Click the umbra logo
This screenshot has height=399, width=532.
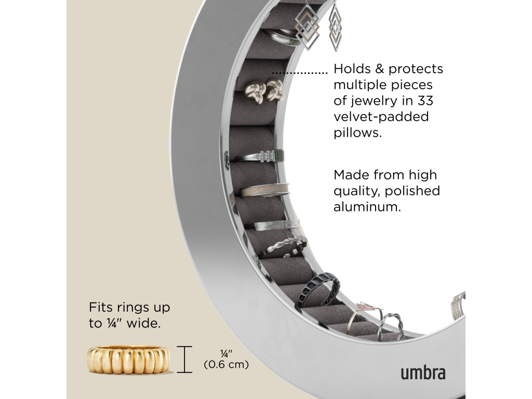423,373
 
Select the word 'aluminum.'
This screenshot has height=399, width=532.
367,207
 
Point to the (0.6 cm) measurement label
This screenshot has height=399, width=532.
226,365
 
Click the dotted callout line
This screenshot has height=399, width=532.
300,72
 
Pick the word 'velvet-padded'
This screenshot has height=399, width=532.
381,116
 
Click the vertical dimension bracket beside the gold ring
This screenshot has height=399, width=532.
184,360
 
